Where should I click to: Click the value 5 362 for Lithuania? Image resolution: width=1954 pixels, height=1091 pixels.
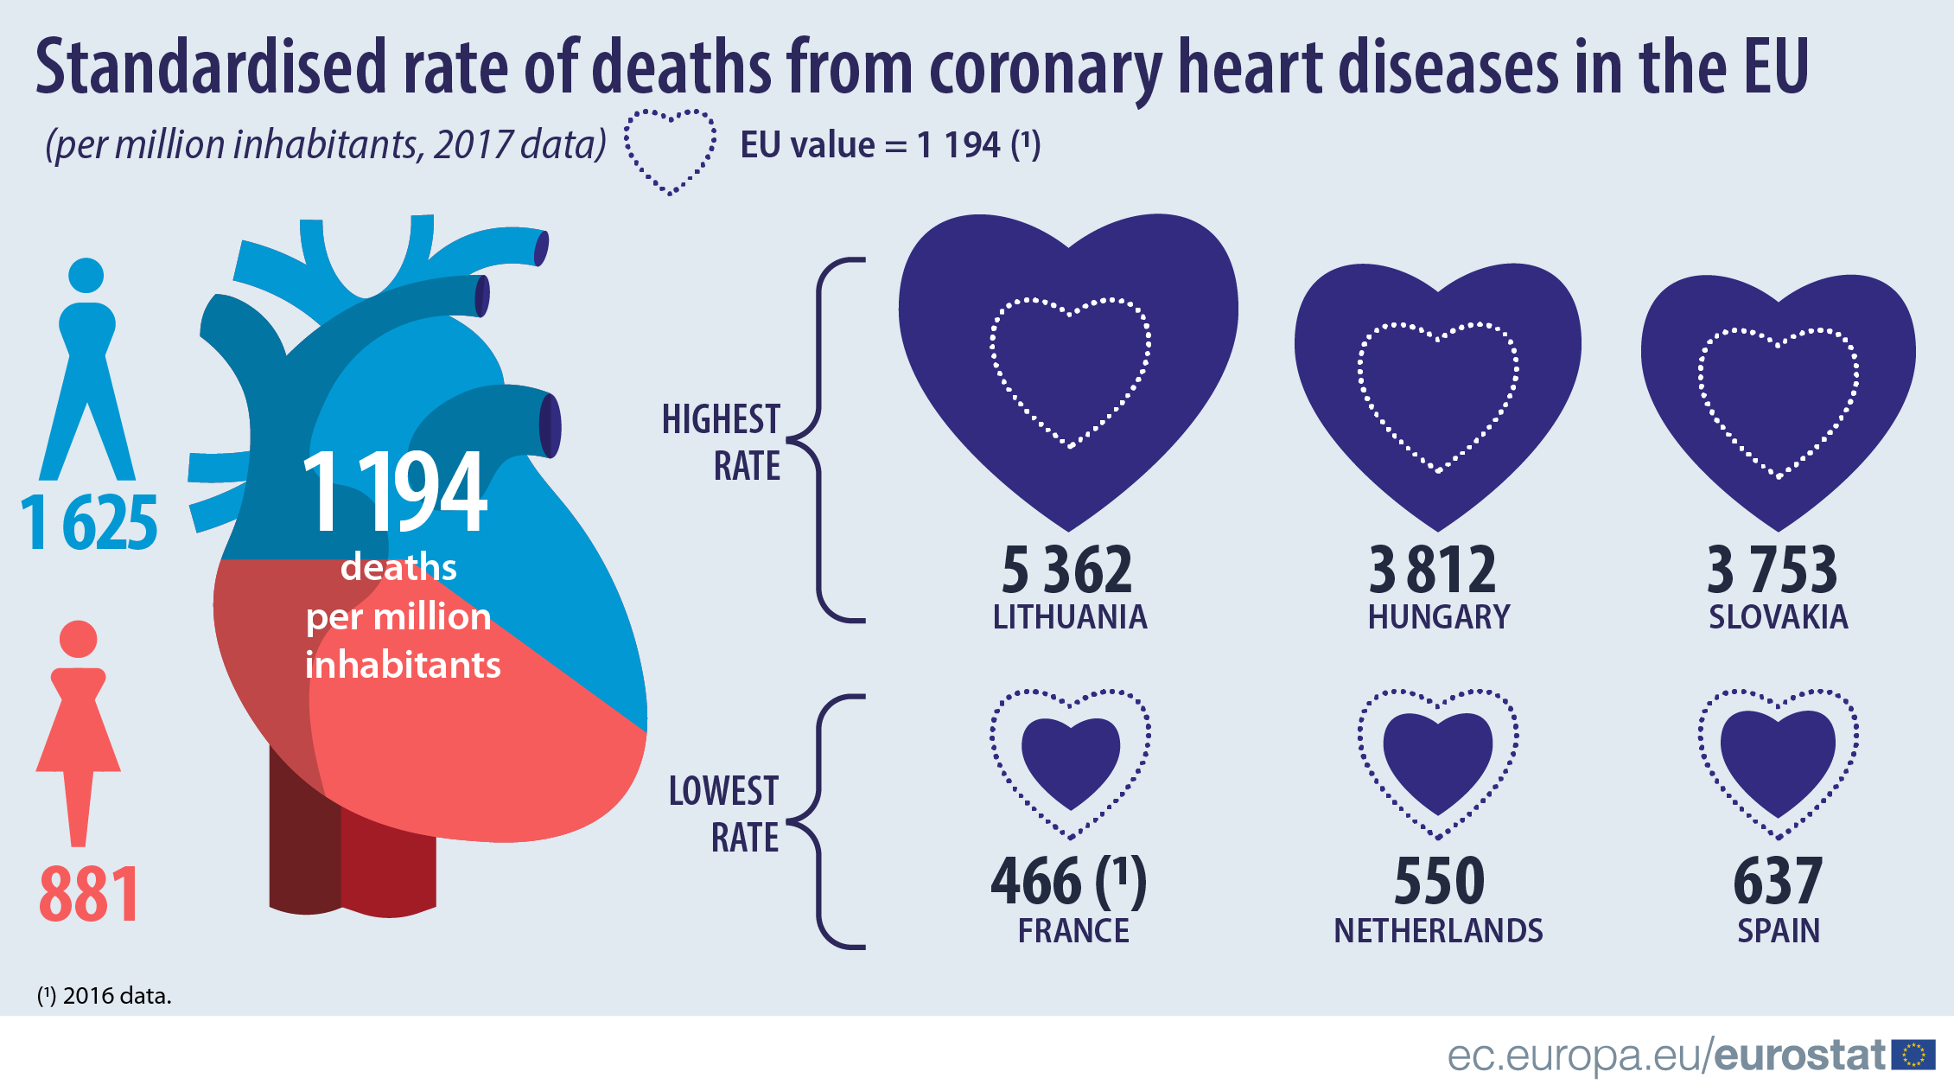click(1066, 571)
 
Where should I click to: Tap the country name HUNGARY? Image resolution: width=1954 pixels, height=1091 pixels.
click(1439, 617)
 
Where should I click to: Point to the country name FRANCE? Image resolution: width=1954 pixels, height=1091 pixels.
click(1073, 931)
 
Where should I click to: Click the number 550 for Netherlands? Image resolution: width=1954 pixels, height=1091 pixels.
click(1439, 882)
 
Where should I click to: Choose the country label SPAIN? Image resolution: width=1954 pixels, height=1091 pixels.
click(1779, 931)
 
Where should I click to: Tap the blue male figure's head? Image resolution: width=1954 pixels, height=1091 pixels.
click(86, 276)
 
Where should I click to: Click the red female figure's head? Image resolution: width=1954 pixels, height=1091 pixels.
click(78, 639)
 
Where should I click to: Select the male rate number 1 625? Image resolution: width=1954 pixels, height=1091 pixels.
click(89, 523)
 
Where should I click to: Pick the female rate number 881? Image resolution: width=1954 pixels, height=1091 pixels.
click(89, 894)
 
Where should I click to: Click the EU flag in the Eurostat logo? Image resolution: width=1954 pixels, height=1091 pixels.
click(1913, 1056)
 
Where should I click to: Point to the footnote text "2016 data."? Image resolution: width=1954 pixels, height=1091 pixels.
click(117, 996)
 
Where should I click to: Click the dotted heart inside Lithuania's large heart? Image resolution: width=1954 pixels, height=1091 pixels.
click(1070, 372)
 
